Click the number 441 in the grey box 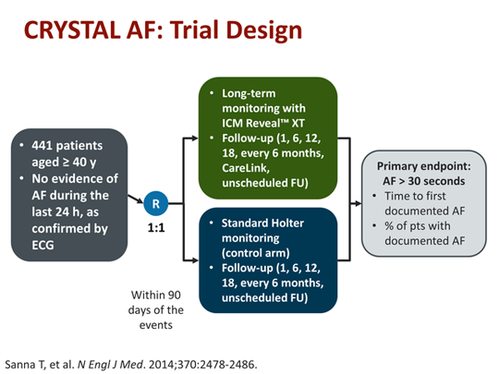pyautogui.click(x=49, y=146)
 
